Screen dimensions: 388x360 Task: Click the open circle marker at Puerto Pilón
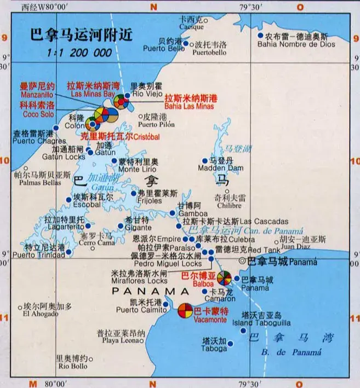click(x=138, y=117)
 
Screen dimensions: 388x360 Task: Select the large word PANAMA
click(x=146, y=291)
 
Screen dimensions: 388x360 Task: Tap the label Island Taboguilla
click(x=261, y=323)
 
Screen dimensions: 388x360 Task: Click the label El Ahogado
click(x=41, y=314)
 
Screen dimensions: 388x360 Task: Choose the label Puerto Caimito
click(x=135, y=310)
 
